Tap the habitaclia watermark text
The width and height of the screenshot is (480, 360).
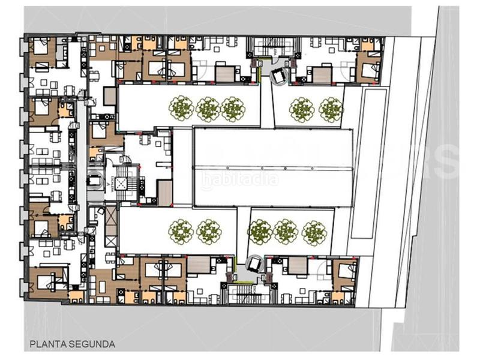tap(239, 178)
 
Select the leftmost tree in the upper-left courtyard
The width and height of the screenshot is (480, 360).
tap(181, 109)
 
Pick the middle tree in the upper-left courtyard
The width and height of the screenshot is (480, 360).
tap(207, 109)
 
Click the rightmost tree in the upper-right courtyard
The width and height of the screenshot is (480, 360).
tap(330, 109)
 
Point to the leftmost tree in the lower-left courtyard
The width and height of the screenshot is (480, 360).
tap(181, 231)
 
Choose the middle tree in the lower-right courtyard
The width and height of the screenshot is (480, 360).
tap(286, 231)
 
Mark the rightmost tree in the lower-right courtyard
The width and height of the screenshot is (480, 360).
tap(313, 231)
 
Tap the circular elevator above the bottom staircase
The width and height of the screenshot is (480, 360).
tap(254, 263)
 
